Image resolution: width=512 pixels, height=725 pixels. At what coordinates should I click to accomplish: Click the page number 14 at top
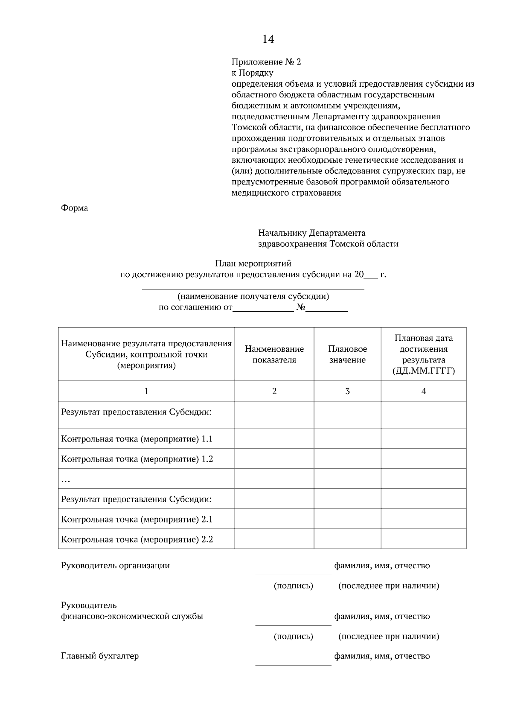point(268,39)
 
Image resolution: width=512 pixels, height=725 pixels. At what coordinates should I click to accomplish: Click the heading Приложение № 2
point(266,62)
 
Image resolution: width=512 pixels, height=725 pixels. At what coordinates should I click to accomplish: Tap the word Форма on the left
point(75,208)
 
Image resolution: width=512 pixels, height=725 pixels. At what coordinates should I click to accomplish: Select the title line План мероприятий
point(253,263)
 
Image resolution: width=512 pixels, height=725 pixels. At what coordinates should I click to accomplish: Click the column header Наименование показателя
point(274,354)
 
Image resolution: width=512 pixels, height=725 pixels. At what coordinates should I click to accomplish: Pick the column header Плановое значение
point(347,354)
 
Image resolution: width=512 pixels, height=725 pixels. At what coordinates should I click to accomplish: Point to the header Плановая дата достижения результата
point(423,354)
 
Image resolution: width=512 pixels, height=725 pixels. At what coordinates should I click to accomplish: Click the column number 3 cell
point(347,391)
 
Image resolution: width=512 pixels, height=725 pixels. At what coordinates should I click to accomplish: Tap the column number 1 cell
point(146,391)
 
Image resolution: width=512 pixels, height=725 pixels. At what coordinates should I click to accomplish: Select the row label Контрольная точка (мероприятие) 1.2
point(137,459)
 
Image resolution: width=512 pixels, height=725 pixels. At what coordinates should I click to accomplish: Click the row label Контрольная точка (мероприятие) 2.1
point(137,519)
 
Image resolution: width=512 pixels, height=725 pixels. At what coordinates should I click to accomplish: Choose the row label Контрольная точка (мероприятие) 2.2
point(137,539)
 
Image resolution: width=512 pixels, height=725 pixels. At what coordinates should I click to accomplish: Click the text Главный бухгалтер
point(100,656)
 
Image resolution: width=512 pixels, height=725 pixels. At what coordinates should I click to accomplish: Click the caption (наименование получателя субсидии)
point(253,296)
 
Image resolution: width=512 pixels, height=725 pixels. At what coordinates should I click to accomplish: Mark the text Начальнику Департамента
point(311,233)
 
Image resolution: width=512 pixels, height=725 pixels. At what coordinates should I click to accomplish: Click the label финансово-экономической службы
point(132,616)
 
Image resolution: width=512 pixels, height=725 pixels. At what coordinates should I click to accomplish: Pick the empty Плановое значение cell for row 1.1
point(347,439)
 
